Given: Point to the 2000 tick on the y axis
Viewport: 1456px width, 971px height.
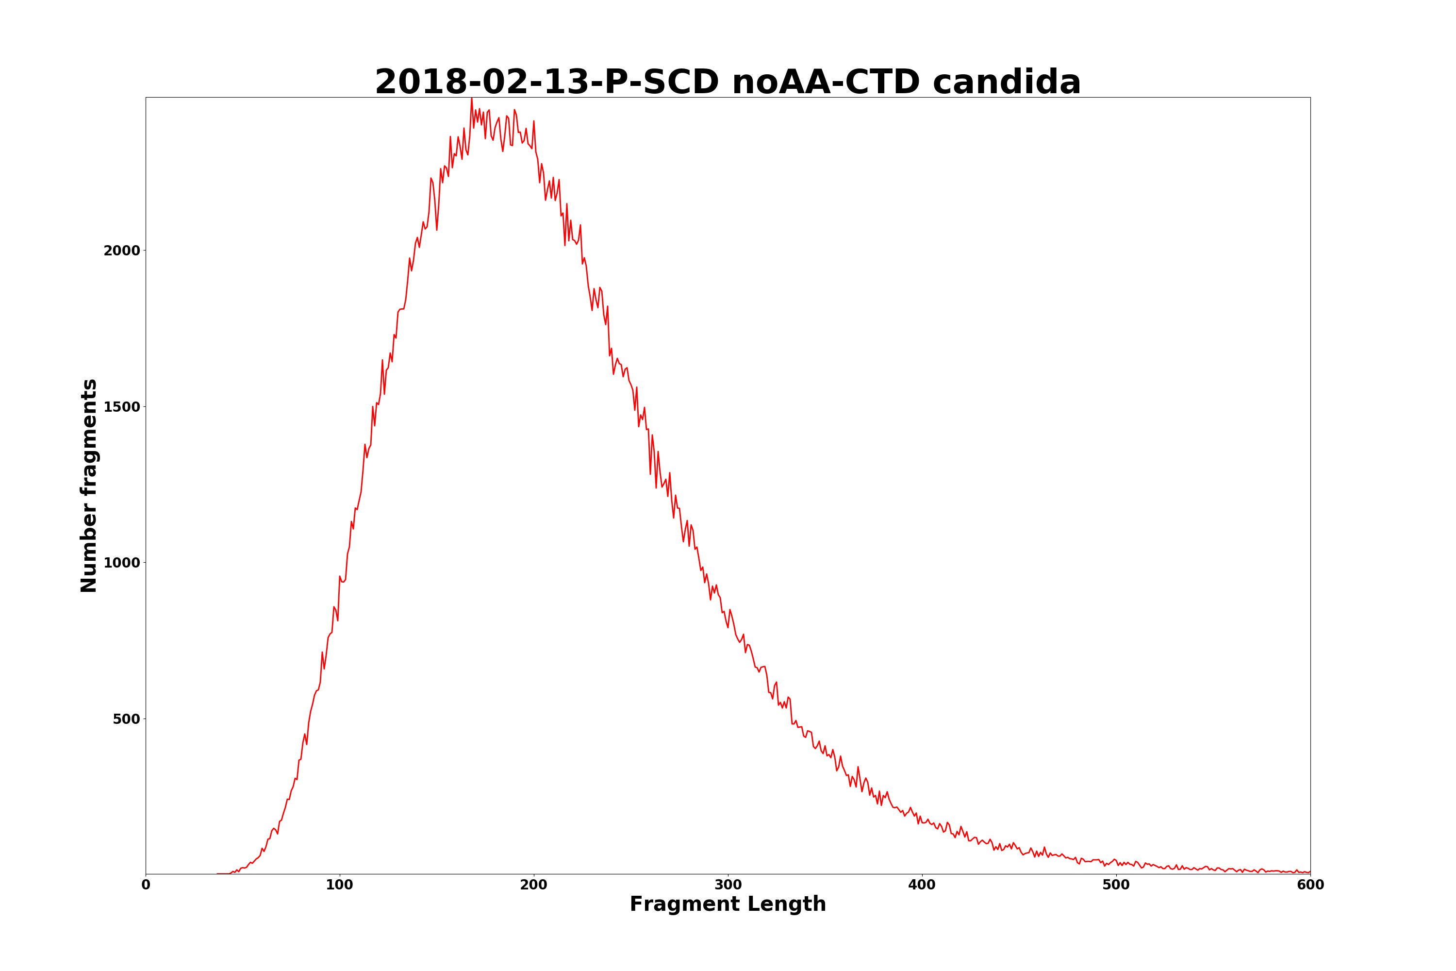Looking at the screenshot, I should pyautogui.click(x=122, y=251).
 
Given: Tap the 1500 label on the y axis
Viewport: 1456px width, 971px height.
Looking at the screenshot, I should pyautogui.click(x=122, y=407).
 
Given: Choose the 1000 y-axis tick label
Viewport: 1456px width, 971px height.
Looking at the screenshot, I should pyautogui.click(x=122, y=563).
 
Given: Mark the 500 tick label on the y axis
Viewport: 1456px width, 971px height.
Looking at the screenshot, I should pyautogui.click(x=126, y=719).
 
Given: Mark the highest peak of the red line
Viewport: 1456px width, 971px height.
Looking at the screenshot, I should pyautogui.click(x=472, y=99).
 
